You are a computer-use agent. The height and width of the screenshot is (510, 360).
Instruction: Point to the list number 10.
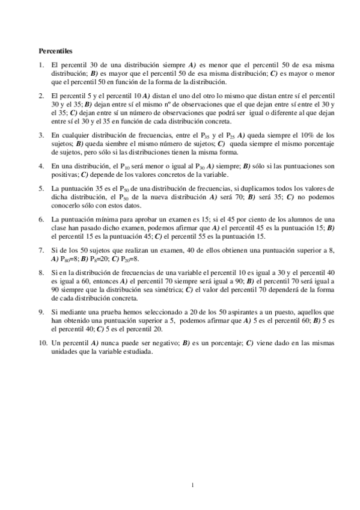coord(43,342)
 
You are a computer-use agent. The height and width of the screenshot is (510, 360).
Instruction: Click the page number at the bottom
coord(191,485)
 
